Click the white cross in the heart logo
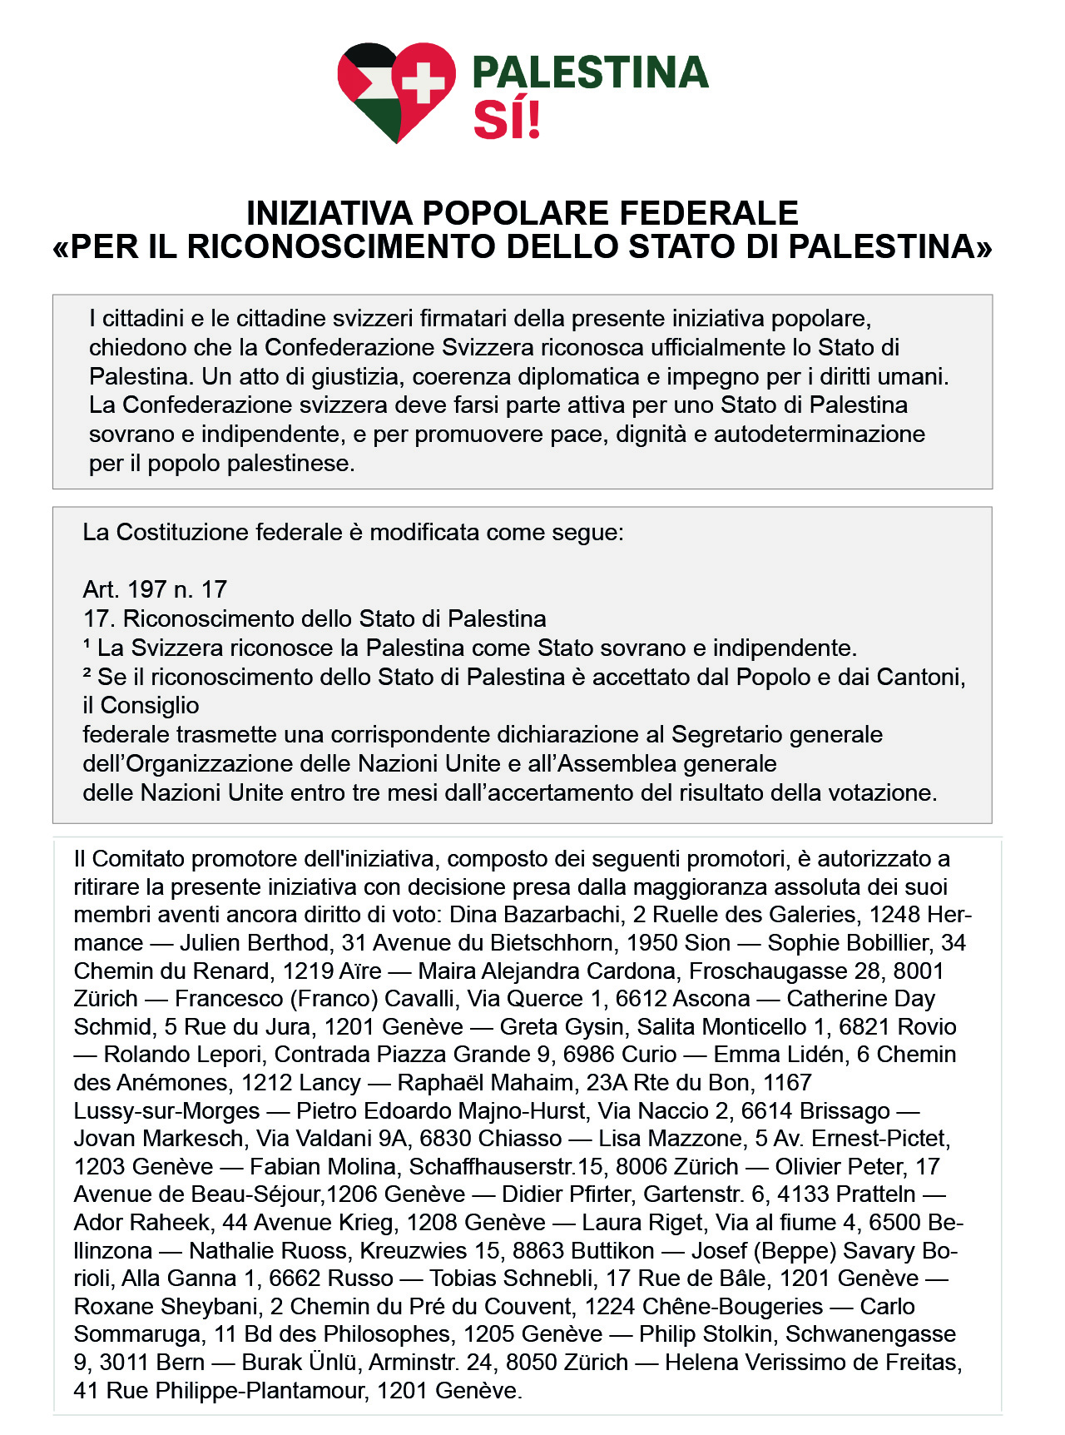coord(423,82)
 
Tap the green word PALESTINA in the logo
coord(590,73)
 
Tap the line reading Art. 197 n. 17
coord(155,590)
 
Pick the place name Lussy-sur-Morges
coord(166,1111)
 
